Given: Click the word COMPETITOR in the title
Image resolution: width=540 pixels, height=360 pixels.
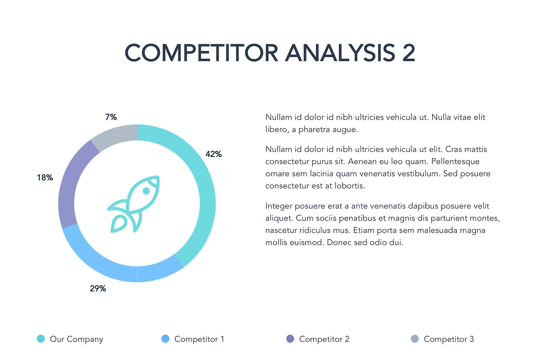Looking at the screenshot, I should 201,53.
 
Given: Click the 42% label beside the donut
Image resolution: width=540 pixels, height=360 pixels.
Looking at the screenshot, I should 213,154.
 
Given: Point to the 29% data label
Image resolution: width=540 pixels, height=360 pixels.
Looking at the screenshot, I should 98,288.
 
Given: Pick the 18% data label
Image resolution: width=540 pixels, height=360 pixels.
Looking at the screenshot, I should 45,178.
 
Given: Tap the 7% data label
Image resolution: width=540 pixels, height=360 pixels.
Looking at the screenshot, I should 111,117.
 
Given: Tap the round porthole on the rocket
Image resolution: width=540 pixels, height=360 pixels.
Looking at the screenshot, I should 146,191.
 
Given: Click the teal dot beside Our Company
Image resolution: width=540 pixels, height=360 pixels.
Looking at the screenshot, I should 40,339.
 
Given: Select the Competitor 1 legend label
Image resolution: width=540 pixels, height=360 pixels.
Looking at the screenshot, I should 199,339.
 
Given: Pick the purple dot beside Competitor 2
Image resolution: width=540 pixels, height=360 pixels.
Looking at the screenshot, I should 290,339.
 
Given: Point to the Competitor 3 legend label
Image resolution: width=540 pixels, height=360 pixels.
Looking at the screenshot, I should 449,339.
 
